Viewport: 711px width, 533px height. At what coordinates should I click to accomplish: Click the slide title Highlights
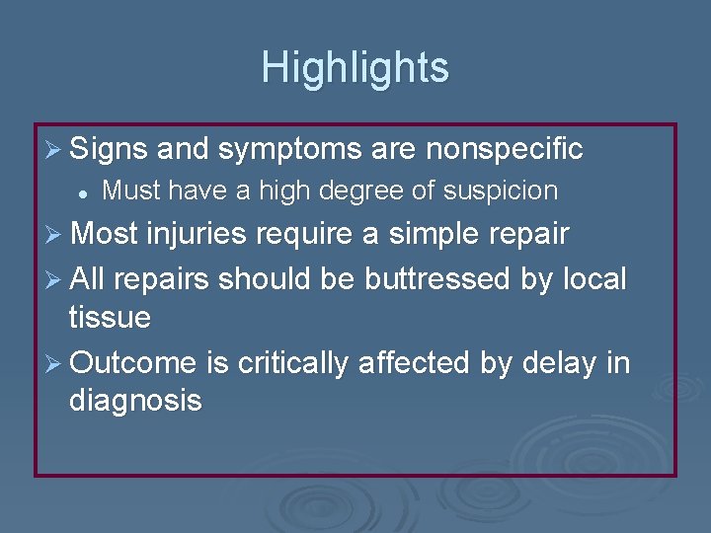coord(355,68)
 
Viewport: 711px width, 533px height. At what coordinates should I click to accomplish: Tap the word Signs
coord(110,150)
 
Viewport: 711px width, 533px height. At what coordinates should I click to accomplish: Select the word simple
coord(436,235)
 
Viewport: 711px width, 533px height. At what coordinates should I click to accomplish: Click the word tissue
coord(110,318)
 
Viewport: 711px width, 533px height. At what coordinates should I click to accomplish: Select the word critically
coord(292,364)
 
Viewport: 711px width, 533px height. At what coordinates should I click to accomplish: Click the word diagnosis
coord(135,402)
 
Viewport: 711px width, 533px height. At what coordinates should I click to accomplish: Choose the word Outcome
coord(134,364)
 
